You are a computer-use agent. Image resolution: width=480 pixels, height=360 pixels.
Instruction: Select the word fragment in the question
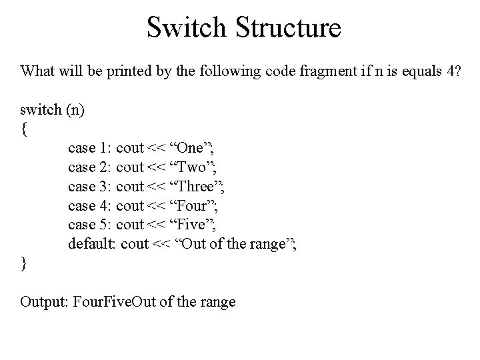click(294, 71)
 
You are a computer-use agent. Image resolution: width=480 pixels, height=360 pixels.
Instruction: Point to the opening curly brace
click(24, 129)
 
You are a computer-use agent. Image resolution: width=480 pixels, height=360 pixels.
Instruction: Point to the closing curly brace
click(24, 263)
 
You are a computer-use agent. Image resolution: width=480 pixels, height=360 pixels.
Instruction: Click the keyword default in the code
click(93, 245)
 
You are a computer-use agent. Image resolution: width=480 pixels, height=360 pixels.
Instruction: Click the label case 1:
click(90, 148)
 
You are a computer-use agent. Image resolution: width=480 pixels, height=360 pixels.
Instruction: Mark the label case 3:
click(90, 187)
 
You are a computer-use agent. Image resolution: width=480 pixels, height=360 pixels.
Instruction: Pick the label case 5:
click(90, 225)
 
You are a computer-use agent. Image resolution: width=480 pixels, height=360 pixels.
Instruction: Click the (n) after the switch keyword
click(75, 109)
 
